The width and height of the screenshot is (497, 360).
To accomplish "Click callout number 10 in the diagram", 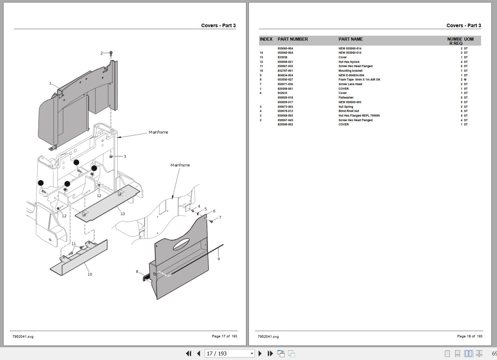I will (x=90, y=274).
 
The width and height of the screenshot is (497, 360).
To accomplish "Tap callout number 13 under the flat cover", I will (x=123, y=214).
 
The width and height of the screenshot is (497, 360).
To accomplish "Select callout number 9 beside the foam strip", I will (x=218, y=259).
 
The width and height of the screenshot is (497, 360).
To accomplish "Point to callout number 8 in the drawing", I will (x=137, y=272).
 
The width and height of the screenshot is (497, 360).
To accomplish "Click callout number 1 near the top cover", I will (x=50, y=83).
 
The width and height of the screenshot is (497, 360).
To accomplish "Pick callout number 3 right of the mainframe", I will (x=125, y=157).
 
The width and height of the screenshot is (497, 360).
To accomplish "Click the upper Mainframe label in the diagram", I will (x=158, y=132).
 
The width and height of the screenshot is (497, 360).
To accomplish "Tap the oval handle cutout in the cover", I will (x=181, y=243).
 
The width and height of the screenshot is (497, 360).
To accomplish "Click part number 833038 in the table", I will (x=282, y=57).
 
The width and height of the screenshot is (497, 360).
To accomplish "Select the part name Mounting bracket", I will (x=350, y=71).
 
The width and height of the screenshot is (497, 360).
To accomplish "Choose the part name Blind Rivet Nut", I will (x=349, y=111).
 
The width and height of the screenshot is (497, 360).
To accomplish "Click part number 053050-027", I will (x=285, y=79).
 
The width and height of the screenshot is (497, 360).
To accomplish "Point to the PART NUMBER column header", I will (x=293, y=39).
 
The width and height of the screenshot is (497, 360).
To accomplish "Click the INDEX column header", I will (x=266, y=39).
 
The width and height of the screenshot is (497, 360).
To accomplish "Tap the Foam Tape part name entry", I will (x=359, y=79).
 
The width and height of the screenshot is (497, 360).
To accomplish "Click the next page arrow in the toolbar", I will (x=260, y=353).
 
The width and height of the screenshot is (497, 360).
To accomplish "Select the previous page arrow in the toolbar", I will (x=199, y=353).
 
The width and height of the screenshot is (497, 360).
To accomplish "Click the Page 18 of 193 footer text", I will (x=469, y=336).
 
